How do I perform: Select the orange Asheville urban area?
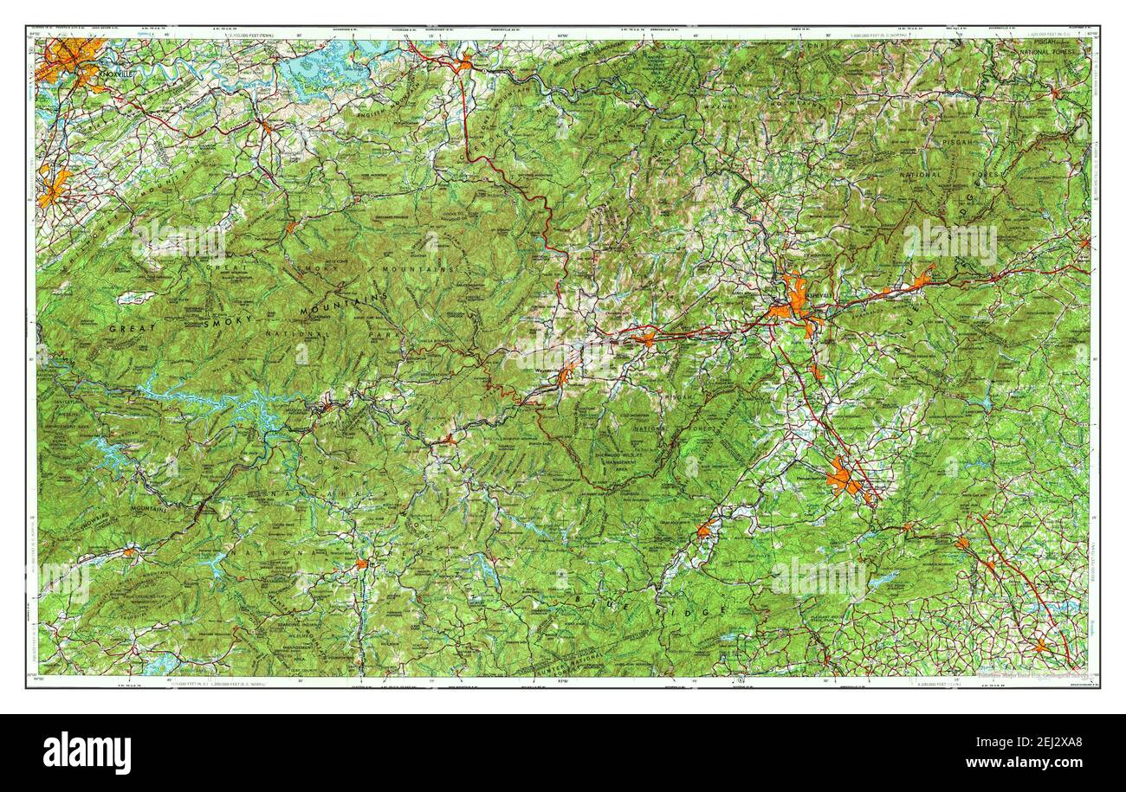(793, 299)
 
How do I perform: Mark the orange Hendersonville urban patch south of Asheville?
(843, 478)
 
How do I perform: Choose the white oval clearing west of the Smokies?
(136, 298)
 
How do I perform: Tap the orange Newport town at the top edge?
(465, 62)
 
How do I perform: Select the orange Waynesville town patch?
(566, 375)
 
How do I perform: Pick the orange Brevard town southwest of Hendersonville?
(704, 530)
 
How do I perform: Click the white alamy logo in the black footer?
(87, 752)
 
